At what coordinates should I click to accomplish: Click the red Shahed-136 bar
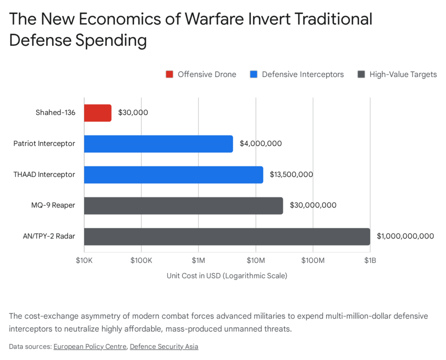[98, 112]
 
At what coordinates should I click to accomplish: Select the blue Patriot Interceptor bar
[158, 143]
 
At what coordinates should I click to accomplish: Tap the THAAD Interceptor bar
[173, 174]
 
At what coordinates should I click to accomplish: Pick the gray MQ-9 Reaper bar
[183, 205]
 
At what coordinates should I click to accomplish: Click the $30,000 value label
[133, 112]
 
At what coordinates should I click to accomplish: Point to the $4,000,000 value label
[260, 143]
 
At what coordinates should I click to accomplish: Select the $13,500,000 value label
[291, 174]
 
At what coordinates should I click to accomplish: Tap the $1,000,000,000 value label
[405, 236]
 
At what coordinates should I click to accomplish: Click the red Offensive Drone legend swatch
[169, 75]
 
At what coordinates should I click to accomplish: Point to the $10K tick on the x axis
[84, 261]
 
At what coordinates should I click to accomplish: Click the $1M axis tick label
[199, 261]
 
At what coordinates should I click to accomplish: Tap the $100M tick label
[313, 261]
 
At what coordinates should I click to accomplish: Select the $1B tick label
[370, 261]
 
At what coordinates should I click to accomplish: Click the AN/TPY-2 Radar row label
[50, 236]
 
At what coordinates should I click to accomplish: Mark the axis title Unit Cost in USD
[227, 276]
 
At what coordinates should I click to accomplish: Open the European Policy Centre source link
[90, 346]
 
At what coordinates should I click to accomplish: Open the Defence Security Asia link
[164, 346]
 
